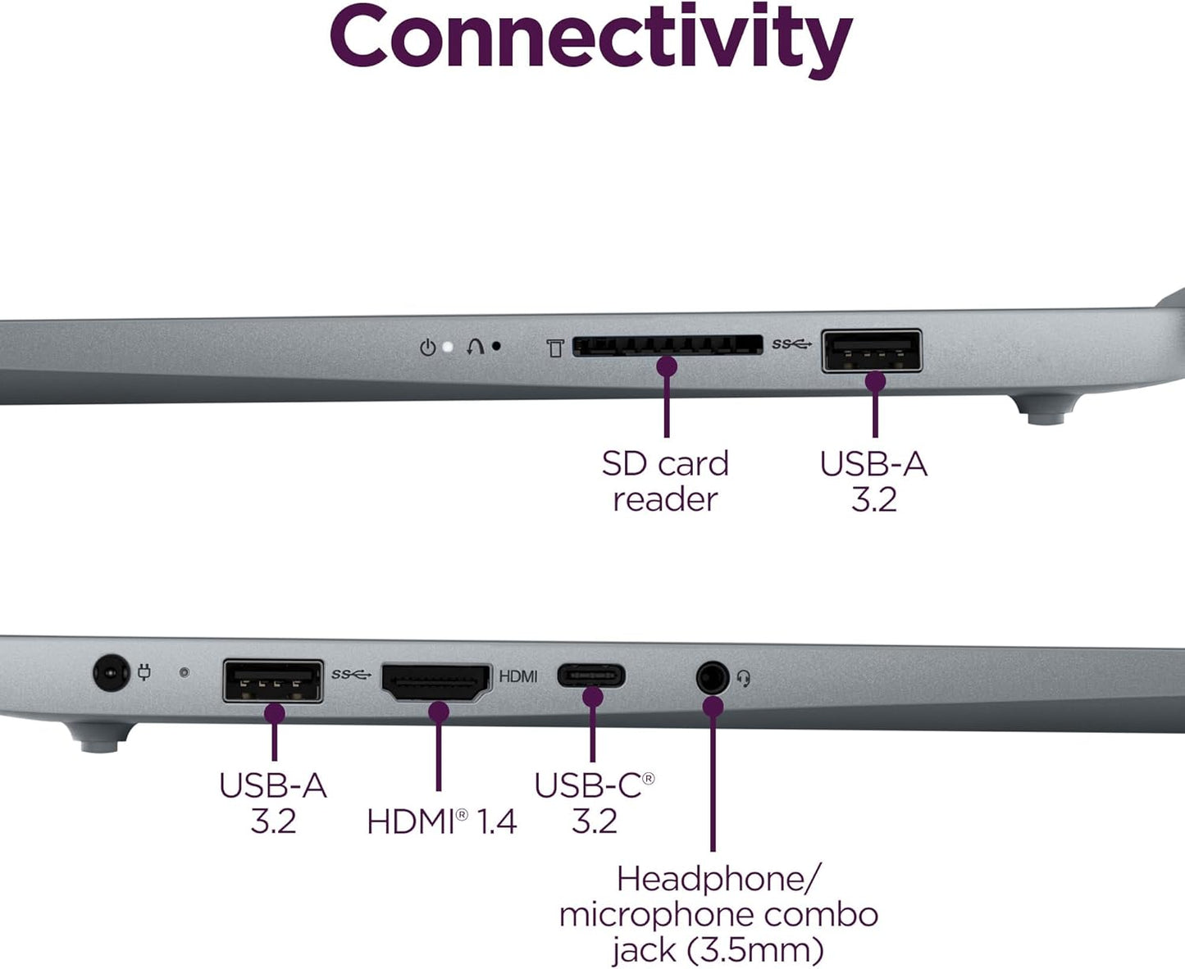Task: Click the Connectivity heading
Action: coord(590,37)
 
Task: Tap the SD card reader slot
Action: coord(667,345)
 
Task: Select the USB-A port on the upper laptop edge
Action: coord(872,351)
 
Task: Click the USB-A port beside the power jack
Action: coord(273,681)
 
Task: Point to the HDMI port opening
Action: coord(436,683)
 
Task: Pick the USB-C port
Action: coord(591,676)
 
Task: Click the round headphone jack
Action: coord(712,679)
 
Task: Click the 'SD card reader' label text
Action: coord(665,481)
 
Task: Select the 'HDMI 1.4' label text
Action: coord(441,821)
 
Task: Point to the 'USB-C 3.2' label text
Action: coord(594,803)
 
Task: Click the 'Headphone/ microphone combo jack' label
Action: coord(718,914)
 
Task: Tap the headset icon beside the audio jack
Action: coord(744,678)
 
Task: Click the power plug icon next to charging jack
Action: coord(144,673)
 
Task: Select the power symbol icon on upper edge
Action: coord(427,348)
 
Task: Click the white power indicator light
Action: coord(448,347)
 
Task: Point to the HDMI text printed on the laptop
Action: coord(518,676)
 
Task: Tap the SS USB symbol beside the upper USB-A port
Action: coord(791,344)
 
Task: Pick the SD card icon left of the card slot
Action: coord(555,348)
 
